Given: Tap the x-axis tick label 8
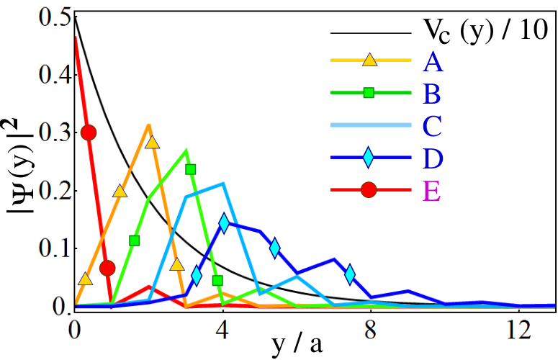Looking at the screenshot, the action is (371, 330).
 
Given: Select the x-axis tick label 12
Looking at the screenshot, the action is (519, 330).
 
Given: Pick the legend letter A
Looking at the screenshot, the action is (433, 63).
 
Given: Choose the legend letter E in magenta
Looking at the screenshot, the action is (432, 191).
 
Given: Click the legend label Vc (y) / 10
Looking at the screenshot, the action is (485, 31).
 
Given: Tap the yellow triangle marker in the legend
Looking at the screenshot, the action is (369, 60).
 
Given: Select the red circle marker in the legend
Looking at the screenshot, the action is (369, 190).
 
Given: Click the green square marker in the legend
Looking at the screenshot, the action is (369, 93).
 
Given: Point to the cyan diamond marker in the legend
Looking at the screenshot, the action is (369, 158).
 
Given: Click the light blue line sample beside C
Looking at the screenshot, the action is (371, 125).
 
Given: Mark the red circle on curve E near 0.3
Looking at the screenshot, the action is (89, 132).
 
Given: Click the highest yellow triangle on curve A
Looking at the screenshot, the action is (153, 143).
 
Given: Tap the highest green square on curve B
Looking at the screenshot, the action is (191, 169).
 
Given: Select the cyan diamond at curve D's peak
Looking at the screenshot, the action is (224, 223).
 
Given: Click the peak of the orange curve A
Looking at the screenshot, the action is (149, 125).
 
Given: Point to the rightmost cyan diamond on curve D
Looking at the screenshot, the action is (350, 274).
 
